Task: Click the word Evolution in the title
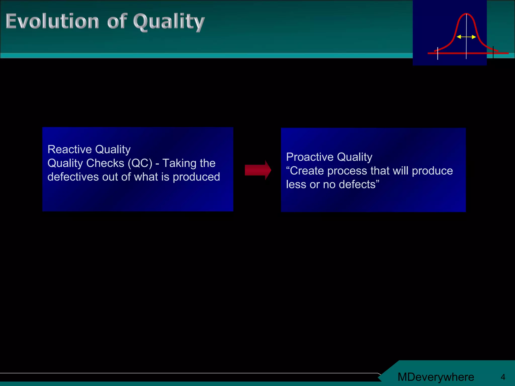click(52, 21)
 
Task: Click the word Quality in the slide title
click(169, 22)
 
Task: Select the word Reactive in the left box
click(70, 150)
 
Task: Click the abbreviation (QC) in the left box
click(140, 163)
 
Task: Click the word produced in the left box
click(196, 177)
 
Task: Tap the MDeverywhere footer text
click(436, 377)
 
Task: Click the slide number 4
click(503, 377)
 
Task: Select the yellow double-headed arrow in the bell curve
click(466, 37)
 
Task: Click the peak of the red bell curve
click(466, 14)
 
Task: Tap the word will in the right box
click(401, 171)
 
